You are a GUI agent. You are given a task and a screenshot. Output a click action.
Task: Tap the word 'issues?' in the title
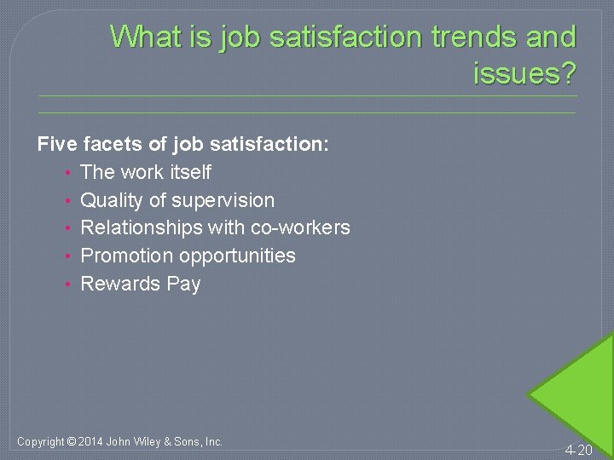(524, 74)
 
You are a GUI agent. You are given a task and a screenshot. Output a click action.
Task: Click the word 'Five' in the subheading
(57, 144)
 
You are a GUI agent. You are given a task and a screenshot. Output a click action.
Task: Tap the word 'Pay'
(183, 285)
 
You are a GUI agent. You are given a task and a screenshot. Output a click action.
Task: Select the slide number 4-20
(578, 449)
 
